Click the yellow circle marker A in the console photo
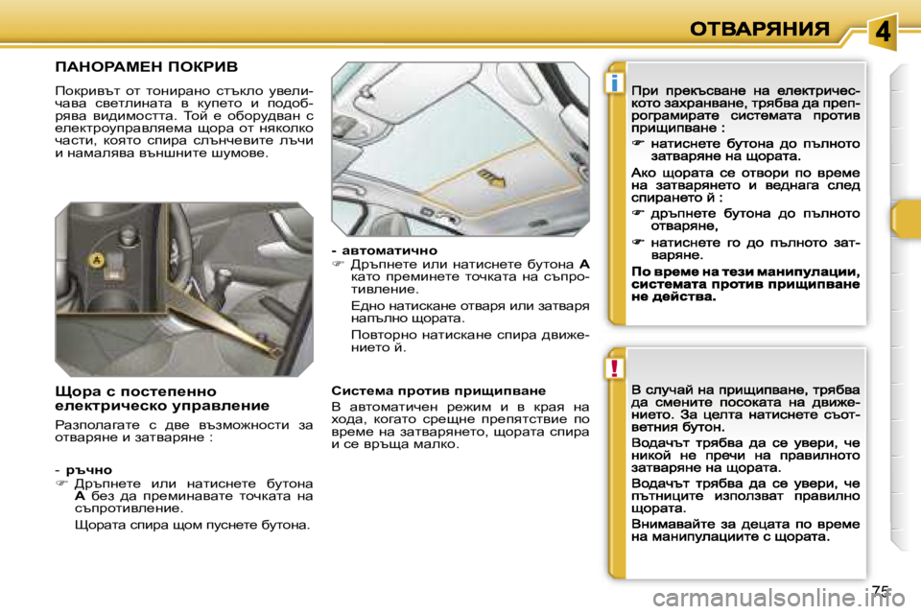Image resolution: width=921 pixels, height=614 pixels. coord(96,260)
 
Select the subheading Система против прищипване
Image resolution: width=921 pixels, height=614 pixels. coord(437,390)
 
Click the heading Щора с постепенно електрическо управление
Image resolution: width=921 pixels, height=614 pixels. coord(162,398)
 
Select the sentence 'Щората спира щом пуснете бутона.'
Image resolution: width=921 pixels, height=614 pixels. coord(192,526)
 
